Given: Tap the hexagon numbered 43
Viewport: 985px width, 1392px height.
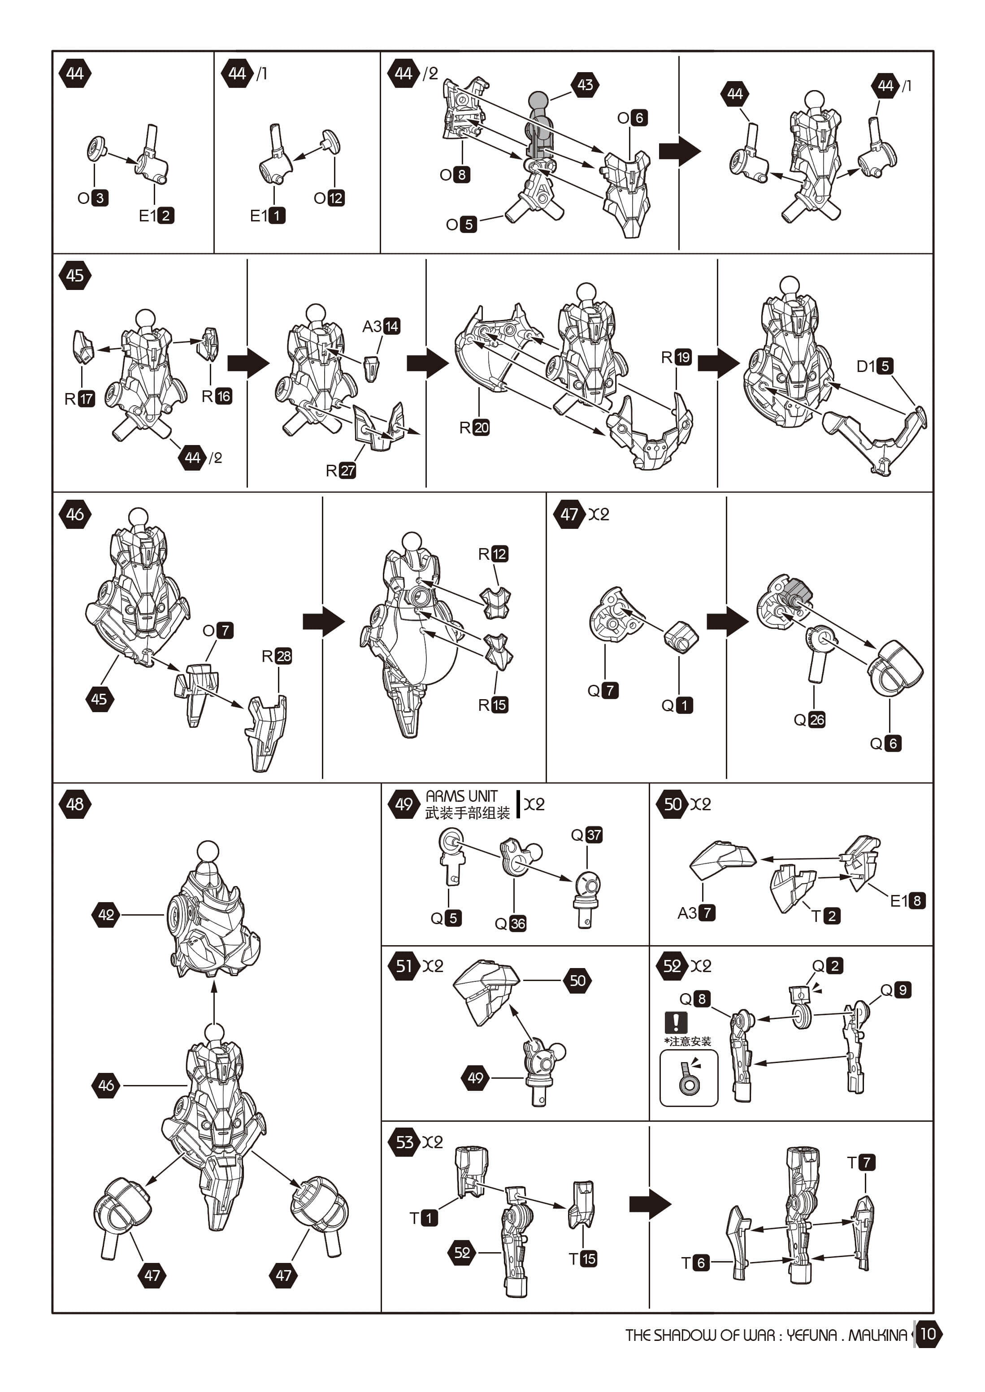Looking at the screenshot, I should [585, 85].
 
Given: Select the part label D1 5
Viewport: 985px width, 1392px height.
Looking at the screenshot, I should [874, 366].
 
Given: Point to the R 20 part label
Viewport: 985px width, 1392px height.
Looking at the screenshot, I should [474, 428].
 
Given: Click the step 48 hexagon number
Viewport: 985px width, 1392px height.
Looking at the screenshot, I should [75, 804].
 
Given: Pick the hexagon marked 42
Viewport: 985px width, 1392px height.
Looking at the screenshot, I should [106, 914].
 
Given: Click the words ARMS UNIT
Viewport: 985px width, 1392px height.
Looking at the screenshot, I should [461, 796].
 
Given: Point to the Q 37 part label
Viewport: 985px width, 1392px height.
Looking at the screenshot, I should [586, 835].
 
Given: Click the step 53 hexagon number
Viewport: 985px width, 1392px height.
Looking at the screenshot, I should [404, 1142].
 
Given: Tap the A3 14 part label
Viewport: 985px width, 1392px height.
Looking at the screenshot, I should [381, 326].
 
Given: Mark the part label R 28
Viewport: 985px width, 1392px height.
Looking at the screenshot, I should [277, 656].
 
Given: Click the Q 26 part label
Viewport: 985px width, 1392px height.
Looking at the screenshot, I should [810, 720].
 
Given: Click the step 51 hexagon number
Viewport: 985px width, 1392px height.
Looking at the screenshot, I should [404, 966].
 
